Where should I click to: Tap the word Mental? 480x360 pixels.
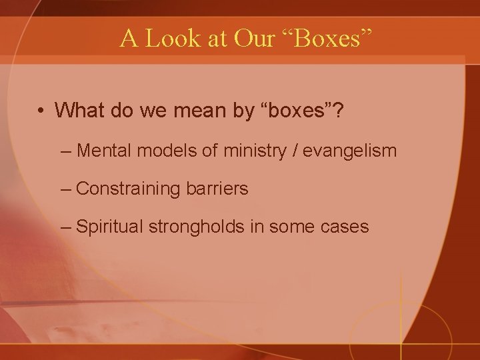106,151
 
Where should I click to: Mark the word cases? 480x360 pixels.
343,227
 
